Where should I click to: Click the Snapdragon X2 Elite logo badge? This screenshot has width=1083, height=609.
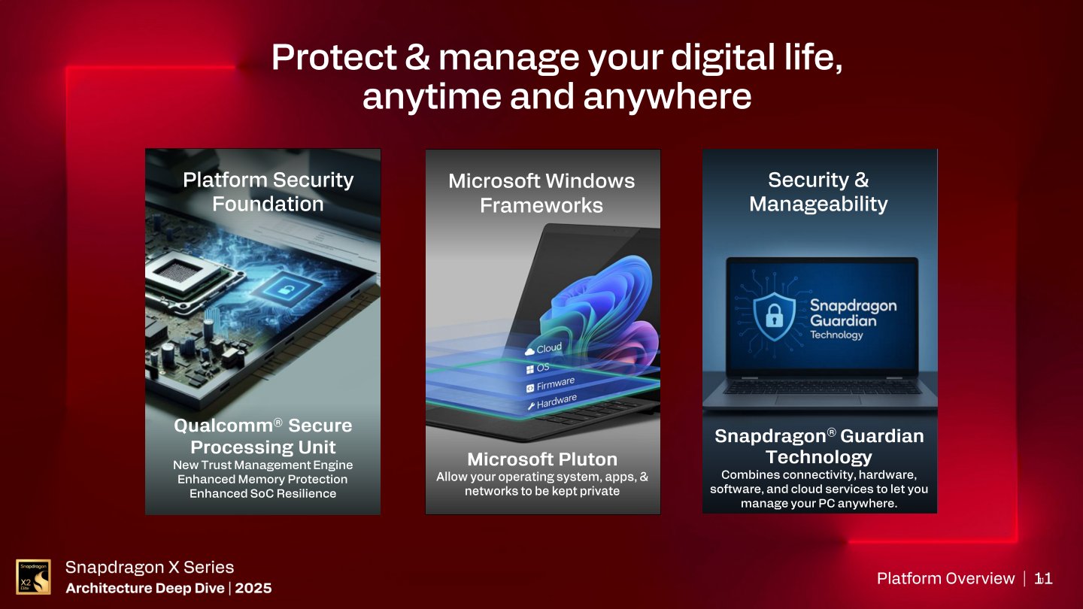click(33, 577)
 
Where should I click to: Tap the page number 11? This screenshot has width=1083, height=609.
click(1044, 578)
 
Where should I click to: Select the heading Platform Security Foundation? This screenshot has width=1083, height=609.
click(268, 192)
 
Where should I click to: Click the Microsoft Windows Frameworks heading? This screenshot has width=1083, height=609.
click(541, 192)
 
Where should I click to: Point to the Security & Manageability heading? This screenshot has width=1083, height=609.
click(818, 192)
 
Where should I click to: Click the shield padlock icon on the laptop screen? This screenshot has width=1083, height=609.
click(774, 315)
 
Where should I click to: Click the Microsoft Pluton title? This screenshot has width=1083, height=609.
click(542, 459)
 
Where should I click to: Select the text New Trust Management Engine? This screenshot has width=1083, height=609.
click(262, 465)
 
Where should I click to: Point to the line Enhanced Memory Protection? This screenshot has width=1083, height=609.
click(262, 479)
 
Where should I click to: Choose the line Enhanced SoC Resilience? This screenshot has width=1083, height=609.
click(262, 493)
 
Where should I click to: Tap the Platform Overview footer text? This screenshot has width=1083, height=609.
click(945, 578)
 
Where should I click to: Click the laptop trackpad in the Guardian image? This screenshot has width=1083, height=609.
click(819, 400)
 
